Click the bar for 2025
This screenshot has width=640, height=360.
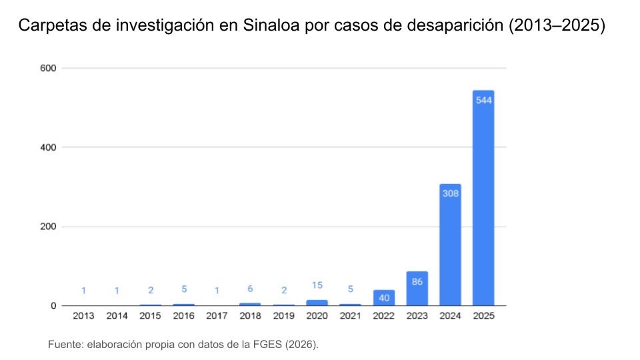483,200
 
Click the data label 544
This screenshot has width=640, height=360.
483,100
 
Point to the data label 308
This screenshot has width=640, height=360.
450,193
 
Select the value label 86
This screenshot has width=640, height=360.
417,282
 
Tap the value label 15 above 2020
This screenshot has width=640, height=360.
317,285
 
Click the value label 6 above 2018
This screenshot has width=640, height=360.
250,289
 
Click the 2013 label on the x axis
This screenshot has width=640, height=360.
83,316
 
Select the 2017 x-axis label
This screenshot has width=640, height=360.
217,316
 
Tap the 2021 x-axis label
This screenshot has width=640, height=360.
350,316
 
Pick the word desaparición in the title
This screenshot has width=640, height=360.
455,27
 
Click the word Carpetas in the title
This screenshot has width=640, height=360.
47,27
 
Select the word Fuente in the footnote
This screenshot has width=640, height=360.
64,344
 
